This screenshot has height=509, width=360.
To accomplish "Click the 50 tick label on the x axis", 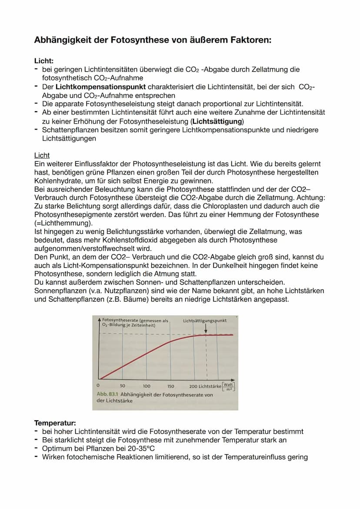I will coord(123,386).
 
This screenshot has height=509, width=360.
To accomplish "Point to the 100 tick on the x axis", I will coord(147,386).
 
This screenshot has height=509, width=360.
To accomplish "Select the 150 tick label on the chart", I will coord(170,386).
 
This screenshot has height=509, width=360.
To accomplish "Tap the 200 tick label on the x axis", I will coord(193,386).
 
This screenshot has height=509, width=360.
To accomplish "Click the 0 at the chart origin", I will coord(98,386).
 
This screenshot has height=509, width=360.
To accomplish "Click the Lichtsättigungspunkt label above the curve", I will coord(205,321).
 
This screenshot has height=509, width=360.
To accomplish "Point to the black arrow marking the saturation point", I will coord(206,329).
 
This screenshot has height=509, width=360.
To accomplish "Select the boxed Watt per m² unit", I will coord(229,386).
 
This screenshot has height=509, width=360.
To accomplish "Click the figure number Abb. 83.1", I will coord(107,395).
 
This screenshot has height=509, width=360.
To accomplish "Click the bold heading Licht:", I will coord(44,61).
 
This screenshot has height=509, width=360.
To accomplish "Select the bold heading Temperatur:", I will coord(55,423).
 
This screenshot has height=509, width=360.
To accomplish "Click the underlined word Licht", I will coord(42,155).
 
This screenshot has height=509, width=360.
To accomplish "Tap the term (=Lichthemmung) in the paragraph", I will coord(63,223).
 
